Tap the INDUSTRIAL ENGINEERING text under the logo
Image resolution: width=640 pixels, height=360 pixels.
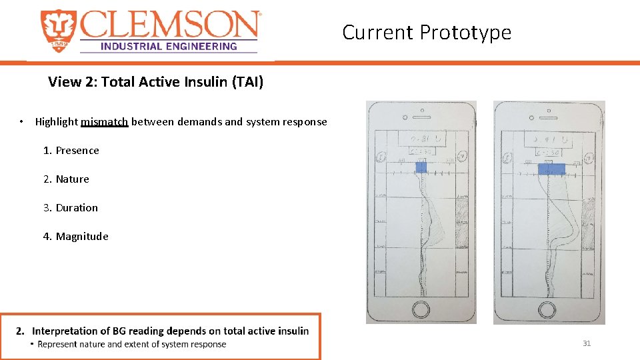pos(168,46)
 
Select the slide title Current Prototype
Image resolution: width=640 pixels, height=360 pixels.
pos(427,32)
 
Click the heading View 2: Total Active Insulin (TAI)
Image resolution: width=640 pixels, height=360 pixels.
pos(155,82)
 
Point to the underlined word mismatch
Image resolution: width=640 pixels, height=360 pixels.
pos(104,122)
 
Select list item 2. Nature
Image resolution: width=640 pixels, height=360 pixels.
pos(66,179)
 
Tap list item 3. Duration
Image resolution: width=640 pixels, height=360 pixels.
pos(71,208)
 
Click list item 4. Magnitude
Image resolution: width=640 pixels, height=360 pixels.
pos(75,237)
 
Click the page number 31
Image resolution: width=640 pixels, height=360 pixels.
pos(587,343)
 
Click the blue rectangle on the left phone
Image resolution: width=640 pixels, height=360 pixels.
pos(421,167)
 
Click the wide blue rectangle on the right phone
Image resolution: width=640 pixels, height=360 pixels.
pos(551,169)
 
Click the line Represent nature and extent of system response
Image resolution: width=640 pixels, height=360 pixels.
pos(132,345)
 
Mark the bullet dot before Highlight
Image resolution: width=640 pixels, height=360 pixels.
pos(22,122)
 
